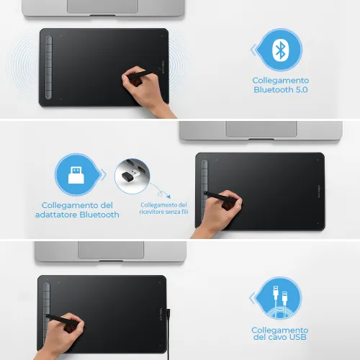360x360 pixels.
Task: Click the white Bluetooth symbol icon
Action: point(280,50)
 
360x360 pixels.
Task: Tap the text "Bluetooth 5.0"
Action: point(281,90)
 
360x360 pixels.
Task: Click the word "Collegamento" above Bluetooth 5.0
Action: point(281,81)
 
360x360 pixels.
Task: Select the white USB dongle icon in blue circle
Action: point(76,175)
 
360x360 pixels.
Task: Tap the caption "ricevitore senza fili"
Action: point(163,212)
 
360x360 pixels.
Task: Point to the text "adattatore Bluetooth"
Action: point(77,215)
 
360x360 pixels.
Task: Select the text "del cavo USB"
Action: point(280,337)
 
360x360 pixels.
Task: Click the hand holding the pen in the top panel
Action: point(144,89)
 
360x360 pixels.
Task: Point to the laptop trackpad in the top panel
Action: point(103,6)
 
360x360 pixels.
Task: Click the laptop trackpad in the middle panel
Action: point(261,129)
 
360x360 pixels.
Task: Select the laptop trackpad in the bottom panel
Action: point(111,250)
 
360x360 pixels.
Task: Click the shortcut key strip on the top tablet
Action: point(49,67)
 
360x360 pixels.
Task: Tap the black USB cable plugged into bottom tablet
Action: point(168,334)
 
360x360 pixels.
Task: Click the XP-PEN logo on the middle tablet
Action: point(319,192)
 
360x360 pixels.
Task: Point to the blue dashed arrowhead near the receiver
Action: point(168,197)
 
